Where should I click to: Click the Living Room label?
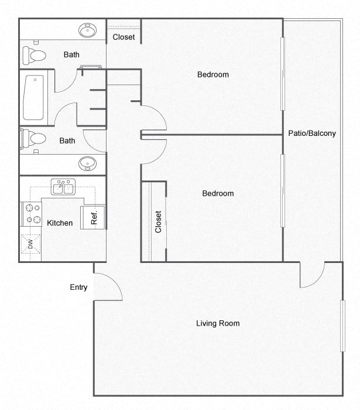pos(218,323)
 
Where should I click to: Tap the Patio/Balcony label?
pos(312,133)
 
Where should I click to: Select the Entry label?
pos(78,287)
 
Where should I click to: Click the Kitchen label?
pos(60,223)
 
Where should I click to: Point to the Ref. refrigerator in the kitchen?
pos(93,217)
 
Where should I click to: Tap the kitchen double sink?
pos(63,187)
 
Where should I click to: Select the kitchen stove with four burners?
pos(31,214)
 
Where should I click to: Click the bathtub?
pos(33,97)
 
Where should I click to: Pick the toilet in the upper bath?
pos(35,56)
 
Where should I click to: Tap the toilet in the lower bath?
pos(34,139)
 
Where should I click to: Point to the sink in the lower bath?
pos(88,163)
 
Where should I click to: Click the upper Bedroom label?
pos(213,74)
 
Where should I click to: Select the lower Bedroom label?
pos(218,193)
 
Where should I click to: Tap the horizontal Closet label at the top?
pos(124,37)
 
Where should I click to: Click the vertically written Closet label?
pos(158,222)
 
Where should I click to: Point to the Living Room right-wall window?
pos(343,326)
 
